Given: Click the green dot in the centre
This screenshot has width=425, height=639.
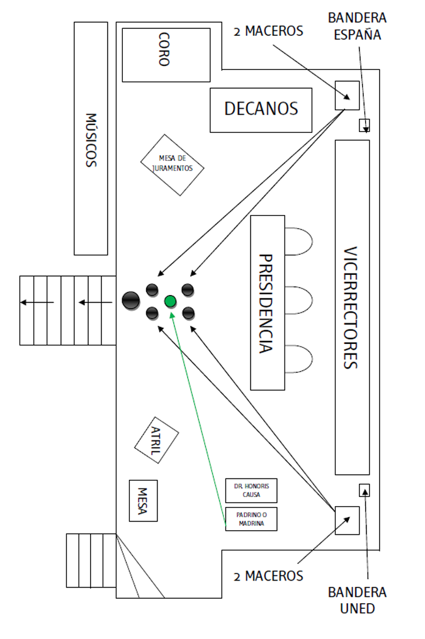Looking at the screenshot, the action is pos(170,301).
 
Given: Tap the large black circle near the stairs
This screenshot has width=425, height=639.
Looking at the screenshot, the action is pos(131,301).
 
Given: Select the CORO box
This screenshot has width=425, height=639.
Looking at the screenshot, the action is pos(166,55).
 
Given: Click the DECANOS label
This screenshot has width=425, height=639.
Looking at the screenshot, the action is pos(261,109).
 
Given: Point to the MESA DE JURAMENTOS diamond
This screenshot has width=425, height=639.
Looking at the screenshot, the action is pos(172,165).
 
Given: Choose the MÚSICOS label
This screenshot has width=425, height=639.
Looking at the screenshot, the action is pos(91,140).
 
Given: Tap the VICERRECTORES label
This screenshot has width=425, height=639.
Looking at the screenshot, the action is pos(350,308).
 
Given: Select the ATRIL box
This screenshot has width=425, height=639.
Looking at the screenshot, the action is pos(157,440).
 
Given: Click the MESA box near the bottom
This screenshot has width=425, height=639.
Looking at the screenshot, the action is pos(143,501).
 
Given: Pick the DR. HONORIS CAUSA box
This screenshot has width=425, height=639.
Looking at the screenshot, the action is pos(251,490).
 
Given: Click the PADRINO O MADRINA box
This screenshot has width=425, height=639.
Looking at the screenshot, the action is pos(251,519).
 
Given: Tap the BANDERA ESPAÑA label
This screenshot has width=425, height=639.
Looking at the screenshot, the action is pos(357,26).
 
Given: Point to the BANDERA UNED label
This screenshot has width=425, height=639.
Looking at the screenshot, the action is pos(357,600).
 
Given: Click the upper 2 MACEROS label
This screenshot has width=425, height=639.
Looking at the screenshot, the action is pos(268,31).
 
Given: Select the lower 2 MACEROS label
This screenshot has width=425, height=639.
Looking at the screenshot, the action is pos(268,576).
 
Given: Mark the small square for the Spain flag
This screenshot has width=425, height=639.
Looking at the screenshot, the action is pos(364,125).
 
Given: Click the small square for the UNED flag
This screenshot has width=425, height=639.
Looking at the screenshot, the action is pos(364,490).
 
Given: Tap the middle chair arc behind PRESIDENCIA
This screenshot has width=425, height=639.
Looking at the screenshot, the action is pos(312,301).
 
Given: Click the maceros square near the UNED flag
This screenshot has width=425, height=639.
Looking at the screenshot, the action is pos(347,520).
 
